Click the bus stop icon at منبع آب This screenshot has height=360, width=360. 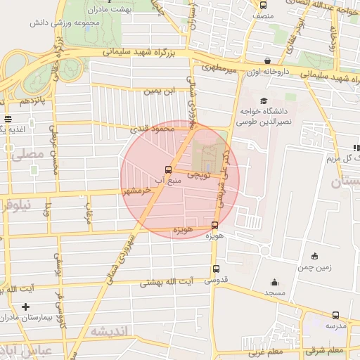click(x=167, y=169)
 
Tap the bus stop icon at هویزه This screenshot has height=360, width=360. click(x=214, y=226)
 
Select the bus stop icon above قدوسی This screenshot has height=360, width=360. click(x=216, y=269)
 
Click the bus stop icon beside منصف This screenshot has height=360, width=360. click(x=263, y=4)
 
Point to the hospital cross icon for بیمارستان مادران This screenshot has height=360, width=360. click(x=26, y=307)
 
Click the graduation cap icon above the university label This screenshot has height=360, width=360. click(x=263, y=101)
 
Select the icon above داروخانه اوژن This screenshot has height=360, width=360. click(x=266, y=61)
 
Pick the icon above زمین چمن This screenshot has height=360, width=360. click(x=314, y=256)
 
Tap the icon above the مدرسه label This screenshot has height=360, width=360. click(x=335, y=315)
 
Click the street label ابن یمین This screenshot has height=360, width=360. click(x=158, y=91)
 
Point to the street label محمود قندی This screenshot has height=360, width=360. click(x=153, y=129)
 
